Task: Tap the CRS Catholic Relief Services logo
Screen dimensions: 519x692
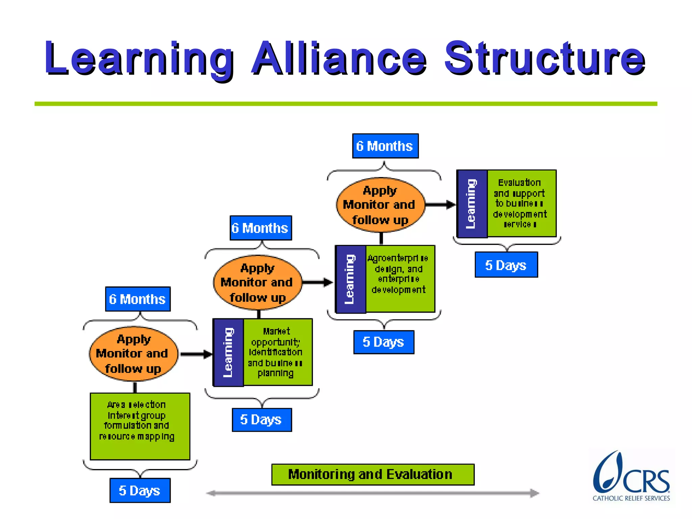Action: point(631,476)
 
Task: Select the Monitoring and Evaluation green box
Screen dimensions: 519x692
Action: point(373,474)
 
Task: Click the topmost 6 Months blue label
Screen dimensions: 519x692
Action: point(385,146)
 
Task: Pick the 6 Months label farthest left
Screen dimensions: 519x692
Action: point(138,299)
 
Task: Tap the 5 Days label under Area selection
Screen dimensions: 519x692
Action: point(140,490)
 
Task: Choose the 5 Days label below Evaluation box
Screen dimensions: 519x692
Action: point(506,265)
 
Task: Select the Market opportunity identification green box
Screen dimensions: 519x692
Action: point(278,352)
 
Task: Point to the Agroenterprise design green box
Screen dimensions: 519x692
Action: point(400,278)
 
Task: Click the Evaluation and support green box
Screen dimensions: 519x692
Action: point(521,203)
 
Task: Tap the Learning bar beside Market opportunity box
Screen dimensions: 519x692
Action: point(228,352)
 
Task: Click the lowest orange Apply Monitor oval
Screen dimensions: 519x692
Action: point(133,354)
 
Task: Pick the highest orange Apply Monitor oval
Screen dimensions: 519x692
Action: point(380,205)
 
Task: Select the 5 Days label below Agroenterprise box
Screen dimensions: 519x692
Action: point(384,342)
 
